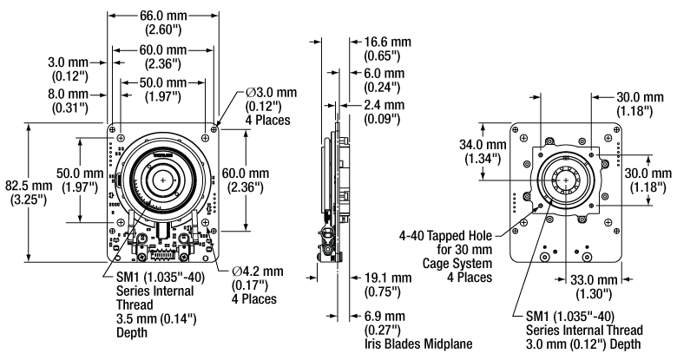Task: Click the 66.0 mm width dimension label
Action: click(x=161, y=15)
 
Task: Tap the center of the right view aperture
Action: click(x=565, y=180)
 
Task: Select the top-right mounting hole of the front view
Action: click(x=204, y=134)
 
